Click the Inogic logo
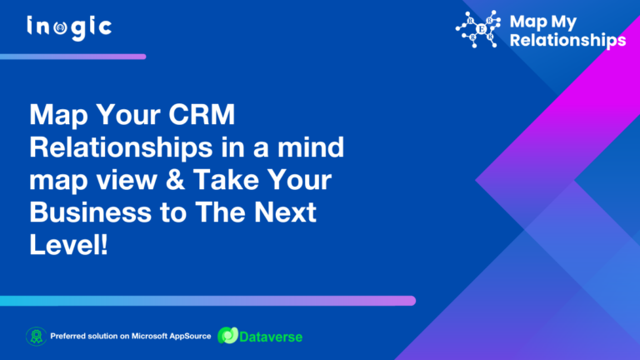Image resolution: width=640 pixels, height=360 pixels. (x=69, y=27)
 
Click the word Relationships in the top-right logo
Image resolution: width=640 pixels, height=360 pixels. (x=567, y=39)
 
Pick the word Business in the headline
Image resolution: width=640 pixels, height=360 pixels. (x=84, y=212)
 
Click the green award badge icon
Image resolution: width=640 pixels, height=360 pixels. (x=35, y=337)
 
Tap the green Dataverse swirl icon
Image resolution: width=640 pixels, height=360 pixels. (x=226, y=337)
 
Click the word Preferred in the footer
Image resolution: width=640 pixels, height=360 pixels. (x=69, y=337)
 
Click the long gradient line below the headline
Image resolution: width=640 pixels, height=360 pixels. (x=207, y=300)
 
